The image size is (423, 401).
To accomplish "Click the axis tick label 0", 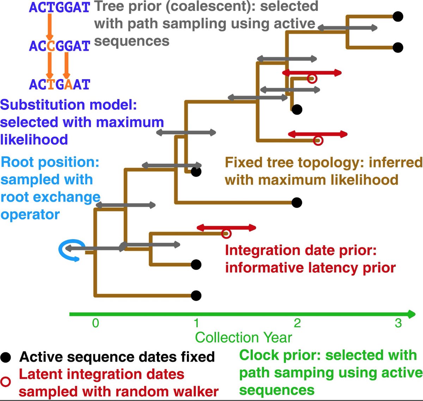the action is [x=96, y=323].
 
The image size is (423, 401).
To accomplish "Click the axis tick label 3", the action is [x=398, y=323].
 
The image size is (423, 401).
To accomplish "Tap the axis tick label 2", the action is [x=297, y=323].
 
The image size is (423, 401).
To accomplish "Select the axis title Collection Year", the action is [x=244, y=337].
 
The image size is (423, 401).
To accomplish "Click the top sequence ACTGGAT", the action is [x=59, y=7].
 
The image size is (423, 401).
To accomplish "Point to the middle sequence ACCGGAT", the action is [x=59, y=46].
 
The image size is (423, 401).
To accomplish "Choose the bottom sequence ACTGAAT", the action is [x=59, y=84].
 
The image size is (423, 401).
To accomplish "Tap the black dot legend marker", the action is [x=5, y=357].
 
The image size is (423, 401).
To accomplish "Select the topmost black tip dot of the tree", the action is [x=398, y=17].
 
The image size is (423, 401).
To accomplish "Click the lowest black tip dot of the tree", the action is [x=196, y=295].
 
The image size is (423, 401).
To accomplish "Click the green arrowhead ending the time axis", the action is [x=411, y=314].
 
